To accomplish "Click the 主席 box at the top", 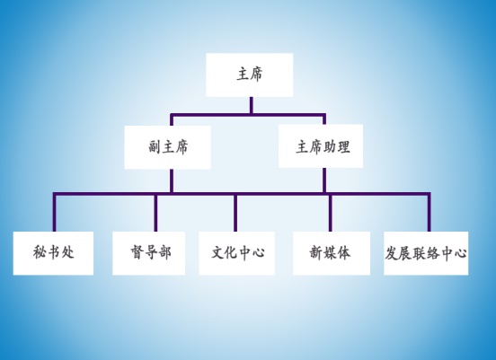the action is (249, 75).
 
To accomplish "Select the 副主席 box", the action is (167, 147).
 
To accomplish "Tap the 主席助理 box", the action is (321, 146).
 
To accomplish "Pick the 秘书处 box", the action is (53, 253).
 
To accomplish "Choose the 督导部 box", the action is (148, 253).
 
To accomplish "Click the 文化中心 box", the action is (236, 253).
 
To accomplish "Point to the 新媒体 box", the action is (332, 253).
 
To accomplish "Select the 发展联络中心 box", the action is (426, 253).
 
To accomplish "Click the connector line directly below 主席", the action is (252, 105).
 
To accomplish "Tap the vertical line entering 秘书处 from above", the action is (55, 213).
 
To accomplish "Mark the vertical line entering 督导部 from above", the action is (155, 213).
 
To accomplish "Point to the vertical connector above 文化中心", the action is (235, 213).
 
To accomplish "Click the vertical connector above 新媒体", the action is (331, 213).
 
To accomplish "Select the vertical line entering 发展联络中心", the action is (429, 213).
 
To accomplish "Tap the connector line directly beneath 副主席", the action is (172, 180).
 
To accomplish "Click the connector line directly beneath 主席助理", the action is (324, 180).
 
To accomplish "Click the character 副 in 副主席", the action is (155, 147).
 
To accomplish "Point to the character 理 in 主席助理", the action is (343, 147).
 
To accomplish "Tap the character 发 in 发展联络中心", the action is (391, 253).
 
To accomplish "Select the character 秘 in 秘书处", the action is (40, 252).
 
